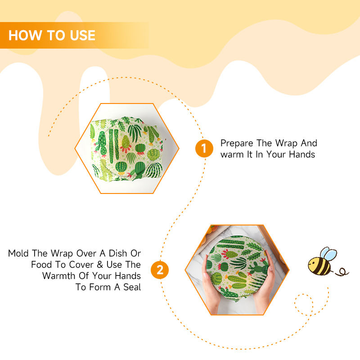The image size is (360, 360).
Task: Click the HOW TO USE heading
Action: tap(52, 36)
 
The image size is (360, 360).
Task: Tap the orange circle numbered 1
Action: tap(204, 148)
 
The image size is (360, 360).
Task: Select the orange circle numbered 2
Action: tap(160, 270)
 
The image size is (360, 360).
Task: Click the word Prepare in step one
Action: tap(237, 144)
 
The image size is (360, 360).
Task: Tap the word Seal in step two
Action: tap(132, 287)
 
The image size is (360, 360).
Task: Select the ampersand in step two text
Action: tap(99, 265)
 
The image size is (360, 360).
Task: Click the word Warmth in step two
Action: tap(59, 276)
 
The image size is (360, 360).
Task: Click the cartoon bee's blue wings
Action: tap(328, 254)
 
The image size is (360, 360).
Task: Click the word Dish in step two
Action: tap(118, 253)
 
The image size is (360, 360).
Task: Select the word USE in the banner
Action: tap(83, 36)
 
